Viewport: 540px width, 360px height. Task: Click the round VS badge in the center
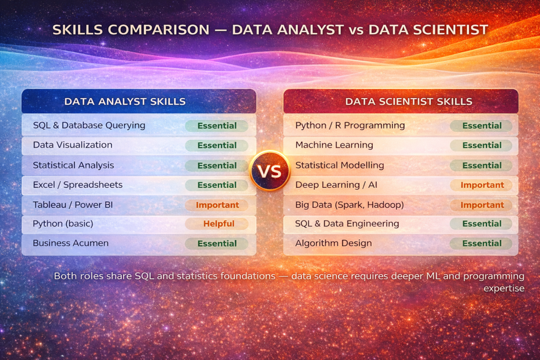[x=269, y=171]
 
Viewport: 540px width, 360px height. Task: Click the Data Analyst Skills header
[x=124, y=101]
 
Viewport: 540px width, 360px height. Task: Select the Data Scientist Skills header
[x=409, y=101]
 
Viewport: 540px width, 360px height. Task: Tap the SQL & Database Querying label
[x=89, y=125]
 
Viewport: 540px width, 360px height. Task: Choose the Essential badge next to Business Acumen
[x=217, y=244]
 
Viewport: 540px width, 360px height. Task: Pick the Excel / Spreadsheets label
[x=78, y=185]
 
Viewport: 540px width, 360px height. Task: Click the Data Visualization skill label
[x=73, y=145]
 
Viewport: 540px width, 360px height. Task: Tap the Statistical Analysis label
[x=73, y=165]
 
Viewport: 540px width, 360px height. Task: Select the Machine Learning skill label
[x=334, y=145]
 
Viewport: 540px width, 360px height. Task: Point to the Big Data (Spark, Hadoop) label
[x=350, y=205]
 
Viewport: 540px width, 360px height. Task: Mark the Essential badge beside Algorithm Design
[x=481, y=244]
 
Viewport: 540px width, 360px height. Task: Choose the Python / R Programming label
[x=350, y=125]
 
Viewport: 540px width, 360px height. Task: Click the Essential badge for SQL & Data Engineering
[x=481, y=223]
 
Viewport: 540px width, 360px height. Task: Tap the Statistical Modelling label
[x=340, y=165]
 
